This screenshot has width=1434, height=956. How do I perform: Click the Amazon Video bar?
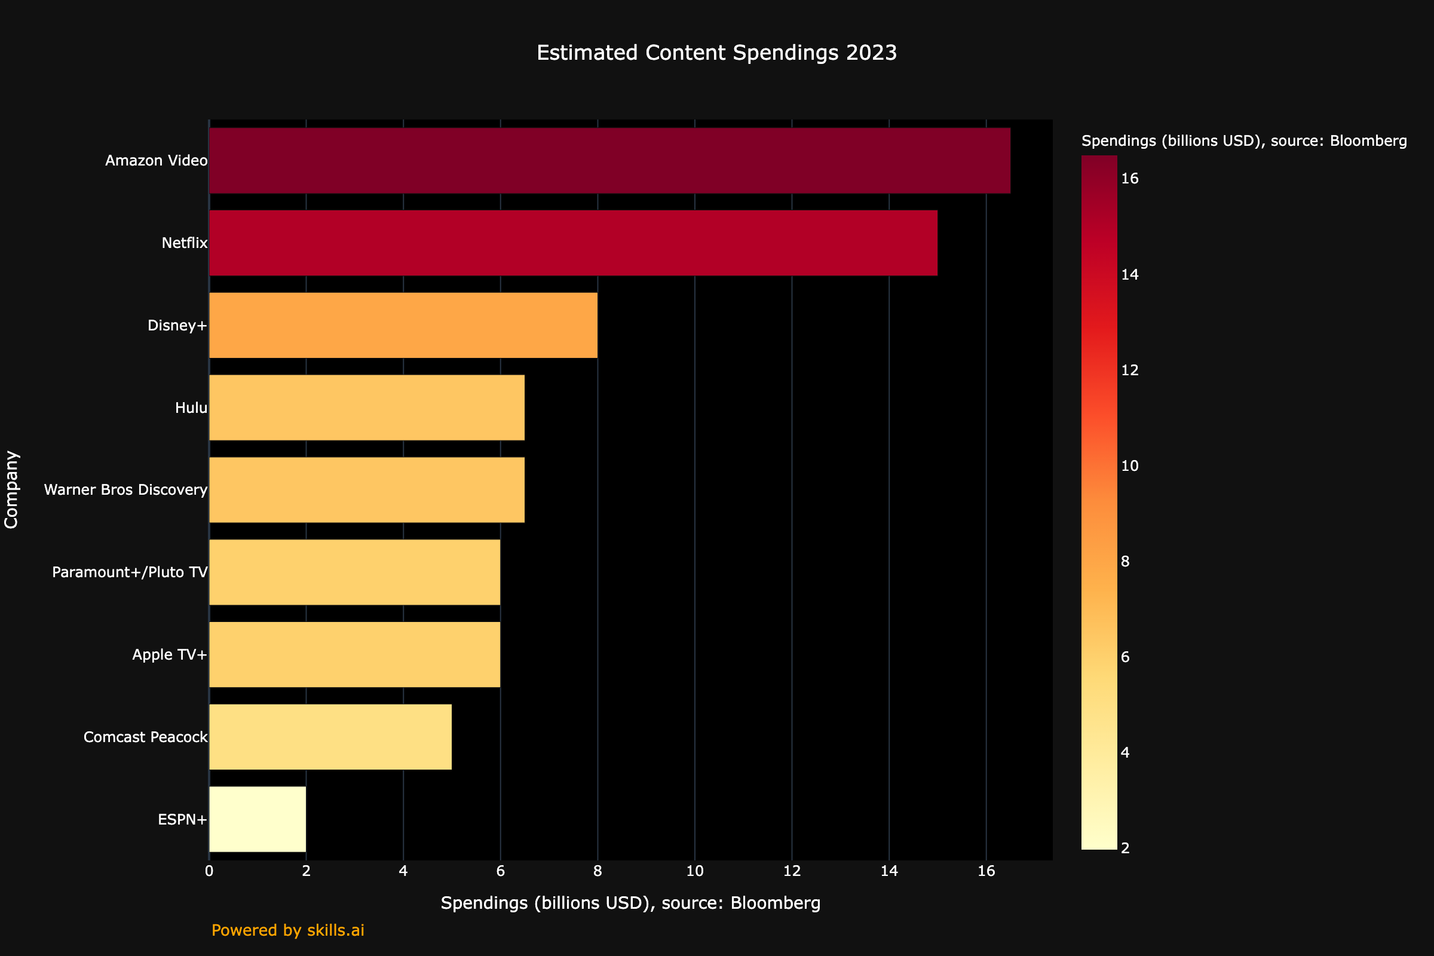pyautogui.click(x=609, y=160)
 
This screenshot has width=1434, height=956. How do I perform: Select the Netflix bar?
pyautogui.click(x=573, y=243)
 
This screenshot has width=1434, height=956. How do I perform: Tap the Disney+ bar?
pyautogui.click(x=403, y=325)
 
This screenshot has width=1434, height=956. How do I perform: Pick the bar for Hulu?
pyautogui.click(x=366, y=407)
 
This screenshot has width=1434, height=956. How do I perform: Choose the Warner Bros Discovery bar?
pyautogui.click(x=366, y=489)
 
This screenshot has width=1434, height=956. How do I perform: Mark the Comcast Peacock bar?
pyautogui.click(x=330, y=737)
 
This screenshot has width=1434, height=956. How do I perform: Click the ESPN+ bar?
pyautogui.click(x=258, y=819)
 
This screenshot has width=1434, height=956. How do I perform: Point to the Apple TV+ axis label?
pyautogui.click(x=170, y=655)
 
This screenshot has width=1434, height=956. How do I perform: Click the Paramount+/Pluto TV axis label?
pyautogui.click(x=129, y=572)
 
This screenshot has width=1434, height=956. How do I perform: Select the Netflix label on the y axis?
pyautogui.click(x=184, y=243)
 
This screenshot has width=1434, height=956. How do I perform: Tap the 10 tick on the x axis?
pyautogui.click(x=694, y=871)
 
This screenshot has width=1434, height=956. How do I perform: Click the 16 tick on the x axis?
pyautogui.click(x=986, y=871)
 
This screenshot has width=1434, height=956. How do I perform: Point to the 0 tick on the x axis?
pyautogui.click(x=209, y=871)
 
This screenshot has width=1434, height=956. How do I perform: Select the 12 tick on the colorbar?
pyautogui.click(x=1130, y=370)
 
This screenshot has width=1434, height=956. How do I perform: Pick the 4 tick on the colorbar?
pyautogui.click(x=1125, y=752)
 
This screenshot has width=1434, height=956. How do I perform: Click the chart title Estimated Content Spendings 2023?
pyautogui.click(x=716, y=53)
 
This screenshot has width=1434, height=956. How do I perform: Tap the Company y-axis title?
pyautogui.click(x=11, y=489)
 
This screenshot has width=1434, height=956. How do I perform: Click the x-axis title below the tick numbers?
pyautogui.click(x=630, y=903)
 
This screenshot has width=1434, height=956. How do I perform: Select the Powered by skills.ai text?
pyautogui.click(x=288, y=930)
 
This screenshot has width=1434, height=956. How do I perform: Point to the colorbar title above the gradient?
pyautogui.click(x=1244, y=141)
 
